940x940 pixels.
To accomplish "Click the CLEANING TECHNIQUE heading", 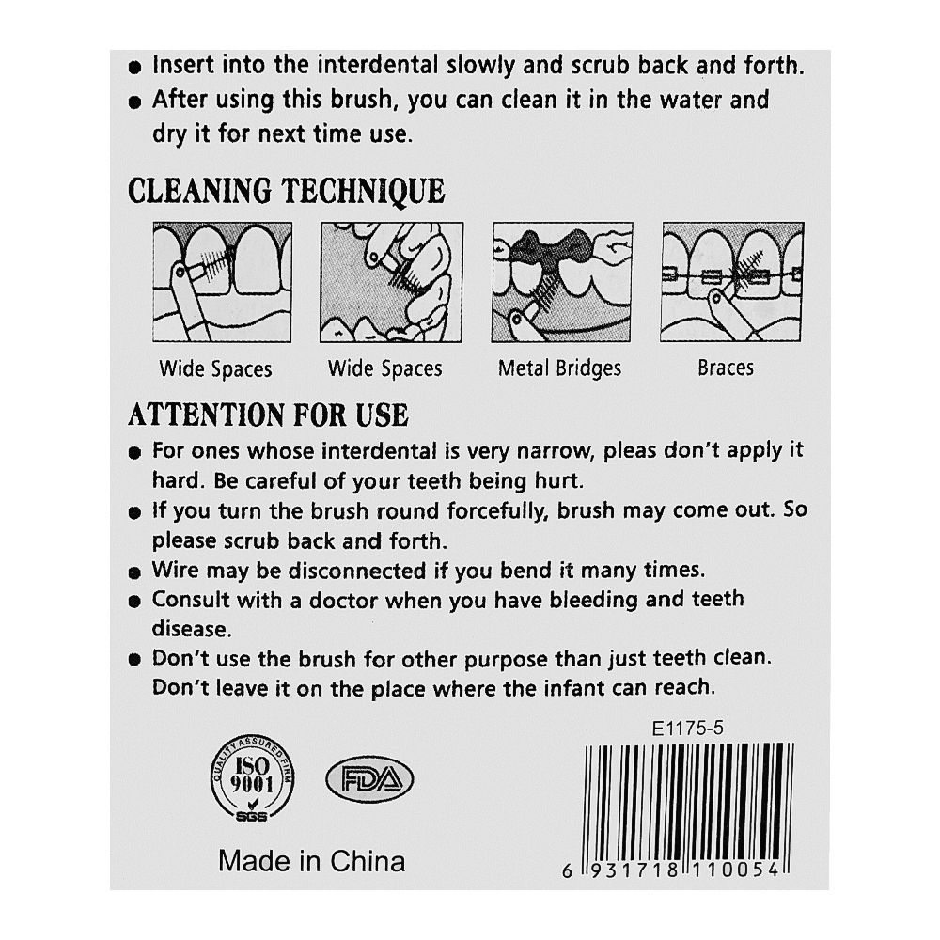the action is (287, 192).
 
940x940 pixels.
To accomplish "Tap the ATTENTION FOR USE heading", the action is (269, 415).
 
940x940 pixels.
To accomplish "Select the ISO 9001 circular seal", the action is (252, 778).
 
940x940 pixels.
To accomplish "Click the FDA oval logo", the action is (369, 779).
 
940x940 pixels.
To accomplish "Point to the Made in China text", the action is (312, 861).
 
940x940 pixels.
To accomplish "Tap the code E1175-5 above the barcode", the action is (688, 728).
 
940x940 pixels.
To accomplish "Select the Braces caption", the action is (726, 368).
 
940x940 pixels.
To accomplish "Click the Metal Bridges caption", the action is (559, 368).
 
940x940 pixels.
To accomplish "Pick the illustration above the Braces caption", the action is (732, 282).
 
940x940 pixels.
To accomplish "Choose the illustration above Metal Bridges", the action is (562, 282).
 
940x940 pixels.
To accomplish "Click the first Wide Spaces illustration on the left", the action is (223, 282).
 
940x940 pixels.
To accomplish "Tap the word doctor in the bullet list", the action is (343, 600).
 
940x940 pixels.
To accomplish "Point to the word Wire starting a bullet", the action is (175, 570).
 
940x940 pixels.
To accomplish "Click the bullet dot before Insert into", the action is (134, 67).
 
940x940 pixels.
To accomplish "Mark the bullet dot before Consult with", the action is (134, 602).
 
